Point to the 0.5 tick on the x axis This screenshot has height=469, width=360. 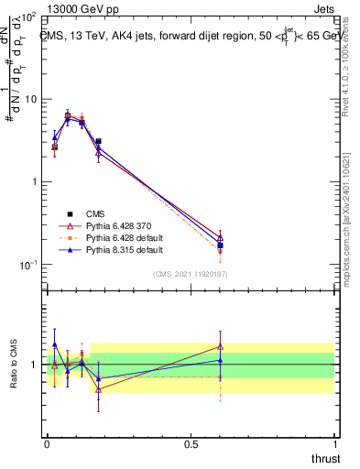[191, 444]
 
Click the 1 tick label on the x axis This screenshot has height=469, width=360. [335, 444]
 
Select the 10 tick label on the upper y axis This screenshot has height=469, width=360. [28, 99]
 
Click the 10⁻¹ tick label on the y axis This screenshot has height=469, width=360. [27, 265]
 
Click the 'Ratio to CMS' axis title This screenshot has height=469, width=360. [14, 364]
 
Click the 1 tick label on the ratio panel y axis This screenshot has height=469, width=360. [35, 365]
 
